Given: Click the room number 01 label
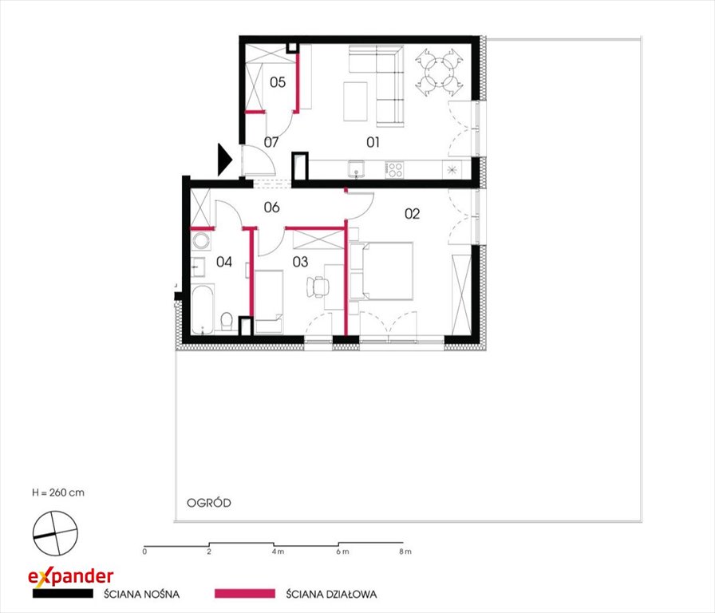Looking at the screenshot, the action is (373, 142).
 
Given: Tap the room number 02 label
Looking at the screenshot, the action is (413, 213).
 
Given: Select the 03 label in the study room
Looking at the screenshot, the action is (301, 261).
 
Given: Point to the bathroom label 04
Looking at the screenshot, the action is (224, 261).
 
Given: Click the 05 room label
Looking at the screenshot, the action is (278, 82).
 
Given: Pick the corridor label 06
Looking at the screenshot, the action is (272, 208).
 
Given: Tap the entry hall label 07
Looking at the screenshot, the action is (271, 142).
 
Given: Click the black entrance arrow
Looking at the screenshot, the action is (225, 160).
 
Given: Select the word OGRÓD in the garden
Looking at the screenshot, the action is (209, 503).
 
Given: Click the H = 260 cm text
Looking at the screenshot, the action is (58, 492).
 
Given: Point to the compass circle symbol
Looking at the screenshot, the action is (55, 533).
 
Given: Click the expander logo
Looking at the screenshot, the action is (71, 577).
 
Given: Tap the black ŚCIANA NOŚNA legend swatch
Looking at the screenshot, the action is (63, 593).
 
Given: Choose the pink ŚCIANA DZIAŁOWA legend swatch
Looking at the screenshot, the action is (245, 593).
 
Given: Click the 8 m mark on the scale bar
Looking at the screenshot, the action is (405, 552).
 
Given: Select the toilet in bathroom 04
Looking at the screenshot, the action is (227, 321).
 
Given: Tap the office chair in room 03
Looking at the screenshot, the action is (318, 287).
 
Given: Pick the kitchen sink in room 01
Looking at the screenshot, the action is (356, 169).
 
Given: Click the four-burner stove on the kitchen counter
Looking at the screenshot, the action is (394, 170).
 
